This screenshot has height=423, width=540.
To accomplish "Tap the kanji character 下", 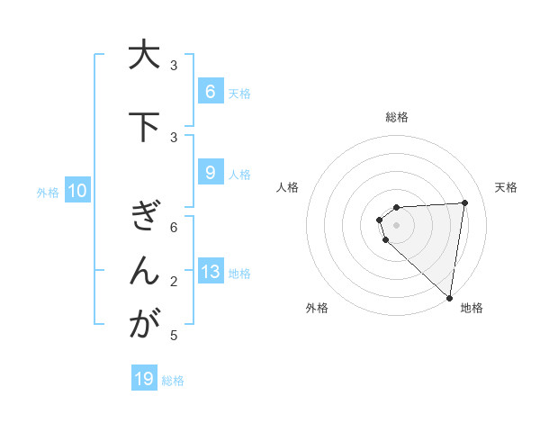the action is click(x=143, y=127).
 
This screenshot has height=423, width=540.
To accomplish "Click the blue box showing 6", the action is click(x=210, y=91).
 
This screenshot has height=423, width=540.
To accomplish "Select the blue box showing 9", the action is click(x=210, y=173).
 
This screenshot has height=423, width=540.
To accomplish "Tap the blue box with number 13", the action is click(x=210, y=272).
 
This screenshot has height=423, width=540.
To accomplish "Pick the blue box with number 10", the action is click(x=76, y=191).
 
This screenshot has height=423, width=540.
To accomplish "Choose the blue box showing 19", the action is click(x=144, y=379).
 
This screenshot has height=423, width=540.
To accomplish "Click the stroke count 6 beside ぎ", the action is click(x=174, y=228).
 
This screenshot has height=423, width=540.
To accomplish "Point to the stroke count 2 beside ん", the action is click(x=174, y=283).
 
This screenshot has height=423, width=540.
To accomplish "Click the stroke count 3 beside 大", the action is click(x=174, y=65).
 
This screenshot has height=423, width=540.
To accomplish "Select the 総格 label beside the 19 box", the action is click(x=173, y=381).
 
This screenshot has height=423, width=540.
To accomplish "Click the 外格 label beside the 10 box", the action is click(x=48, y=192).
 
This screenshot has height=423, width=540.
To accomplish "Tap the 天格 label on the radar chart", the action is click(x=506, y=187).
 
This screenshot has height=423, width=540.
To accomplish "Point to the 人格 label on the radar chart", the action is click(x=287, y=187).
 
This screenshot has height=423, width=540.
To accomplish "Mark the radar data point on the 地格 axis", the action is click(x=449, y=297).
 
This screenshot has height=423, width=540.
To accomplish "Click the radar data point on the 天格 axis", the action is click(x=464, y=202).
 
